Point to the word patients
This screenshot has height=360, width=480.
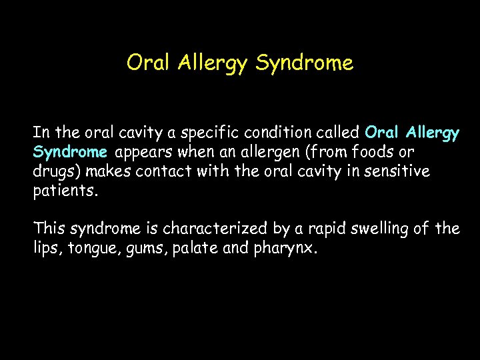coord(65,191)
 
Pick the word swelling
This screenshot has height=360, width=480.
coord(377,229)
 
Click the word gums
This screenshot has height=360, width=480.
coord(141,249)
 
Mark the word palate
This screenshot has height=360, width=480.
coord(191,249)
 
